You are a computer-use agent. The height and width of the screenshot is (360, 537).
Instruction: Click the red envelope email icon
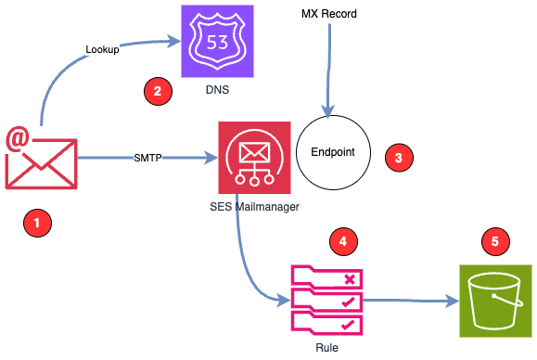point(41,160)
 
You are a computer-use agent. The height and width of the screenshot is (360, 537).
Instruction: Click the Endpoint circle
point(332,152)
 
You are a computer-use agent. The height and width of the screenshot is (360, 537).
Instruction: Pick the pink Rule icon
point(326,300)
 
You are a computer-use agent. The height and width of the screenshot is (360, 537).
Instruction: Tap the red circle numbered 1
point(36,223)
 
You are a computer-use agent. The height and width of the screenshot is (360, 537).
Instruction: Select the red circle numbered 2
point(156,91)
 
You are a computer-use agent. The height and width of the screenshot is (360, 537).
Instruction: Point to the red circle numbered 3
point(399,157)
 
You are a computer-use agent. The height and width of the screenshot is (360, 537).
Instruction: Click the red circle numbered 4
point(343,240)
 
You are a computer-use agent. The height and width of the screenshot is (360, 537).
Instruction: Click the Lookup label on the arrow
point(102,49)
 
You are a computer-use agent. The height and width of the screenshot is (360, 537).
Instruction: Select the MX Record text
point(328,14)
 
